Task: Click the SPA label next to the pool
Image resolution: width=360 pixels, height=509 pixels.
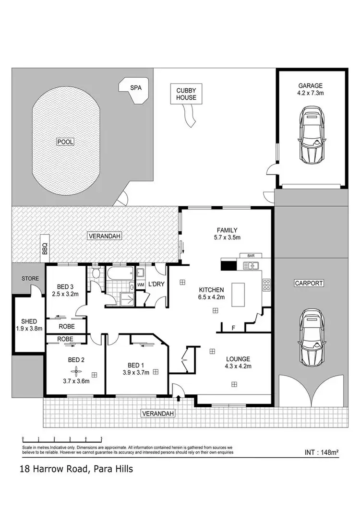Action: coord(136,88)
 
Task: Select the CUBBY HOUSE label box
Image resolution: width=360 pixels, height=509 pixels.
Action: coord(186,94)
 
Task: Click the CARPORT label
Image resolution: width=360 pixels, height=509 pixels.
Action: coord(309,283)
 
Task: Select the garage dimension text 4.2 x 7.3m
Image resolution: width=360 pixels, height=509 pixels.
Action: coord(311,94)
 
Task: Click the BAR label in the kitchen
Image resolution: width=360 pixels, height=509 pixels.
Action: coord(250,256)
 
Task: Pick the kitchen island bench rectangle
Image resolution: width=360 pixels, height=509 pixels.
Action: coord(238,295)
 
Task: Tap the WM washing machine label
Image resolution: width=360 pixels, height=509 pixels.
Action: coord(141,285)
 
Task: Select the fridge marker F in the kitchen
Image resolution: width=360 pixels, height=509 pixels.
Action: coord(233,328)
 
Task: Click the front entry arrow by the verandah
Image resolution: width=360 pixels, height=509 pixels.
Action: coord(179,398)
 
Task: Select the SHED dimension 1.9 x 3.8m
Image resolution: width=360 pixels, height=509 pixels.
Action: coord(29,329)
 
